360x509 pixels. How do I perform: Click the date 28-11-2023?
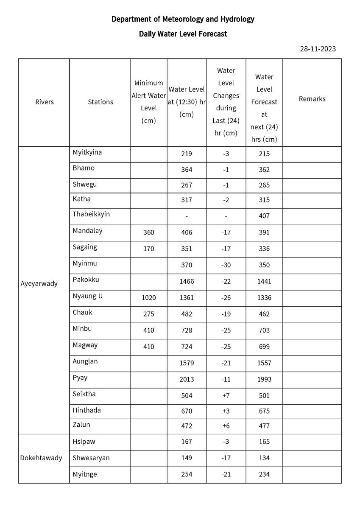click(x=318, y=49)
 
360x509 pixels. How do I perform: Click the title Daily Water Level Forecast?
click(x=183, y=34)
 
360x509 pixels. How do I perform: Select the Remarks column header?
click(x=312, y=99)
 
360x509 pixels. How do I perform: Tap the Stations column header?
click(x=100, y=102)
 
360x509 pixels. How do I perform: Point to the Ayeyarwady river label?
click(x=39, y=283)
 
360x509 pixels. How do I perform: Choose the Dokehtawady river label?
click(x=41, y=458)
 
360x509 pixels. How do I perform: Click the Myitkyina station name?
click(x=87, y=152)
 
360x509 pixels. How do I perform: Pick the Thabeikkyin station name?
click(x=91, y=214)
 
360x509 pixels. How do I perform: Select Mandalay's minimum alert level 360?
click(x=148, y=232)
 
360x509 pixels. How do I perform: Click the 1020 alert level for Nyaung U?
click(x=148, y=298)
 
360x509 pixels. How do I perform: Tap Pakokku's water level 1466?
click(x=187, y=281)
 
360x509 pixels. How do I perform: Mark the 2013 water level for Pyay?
click(x=187, y=379)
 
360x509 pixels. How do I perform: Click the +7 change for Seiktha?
click(x=226, y=396)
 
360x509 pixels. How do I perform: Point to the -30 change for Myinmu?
click(x=226, y=265)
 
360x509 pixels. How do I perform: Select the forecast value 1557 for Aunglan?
click(x=264, y=363)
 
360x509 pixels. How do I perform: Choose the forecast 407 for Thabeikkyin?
click(x=264, y=216)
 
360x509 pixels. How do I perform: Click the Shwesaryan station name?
click(x=91, y=458)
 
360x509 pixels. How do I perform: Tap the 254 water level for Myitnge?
click(x=187, y=475)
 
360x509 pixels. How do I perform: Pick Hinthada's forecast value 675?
click(x=264, y=411)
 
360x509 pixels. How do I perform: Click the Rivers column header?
click(x=45, y=102)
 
